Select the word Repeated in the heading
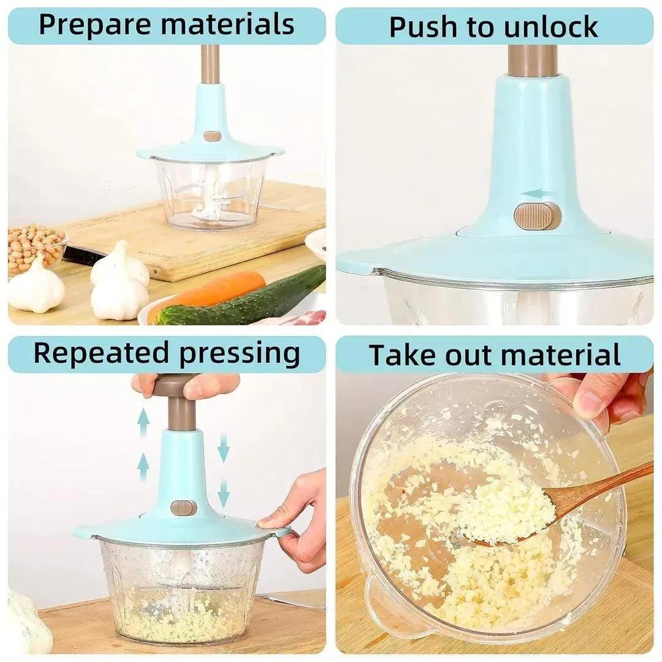(x=101, y=354)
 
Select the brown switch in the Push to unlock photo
(x=537, y=216)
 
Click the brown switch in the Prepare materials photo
(x=212, y=135)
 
